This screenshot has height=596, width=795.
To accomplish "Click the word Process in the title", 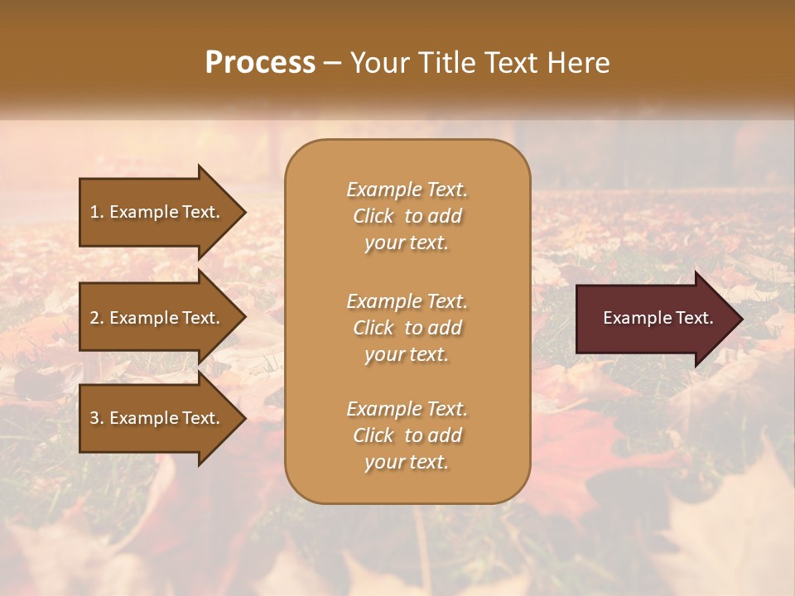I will tap(260, 63).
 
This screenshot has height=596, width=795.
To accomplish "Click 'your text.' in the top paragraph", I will tap(407, 243).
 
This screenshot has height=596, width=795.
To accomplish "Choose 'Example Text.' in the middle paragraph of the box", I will tap(407, 301).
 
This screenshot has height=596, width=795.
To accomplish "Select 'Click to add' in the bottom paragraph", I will tap(407, 435).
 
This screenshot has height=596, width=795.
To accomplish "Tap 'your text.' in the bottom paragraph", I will tap(407, 463).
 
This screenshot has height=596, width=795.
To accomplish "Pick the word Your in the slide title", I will tap(378, 63).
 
